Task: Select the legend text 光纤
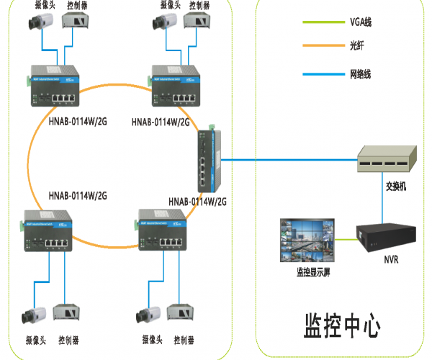[x=357, y=45]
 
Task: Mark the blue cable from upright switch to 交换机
[x=288, y=159]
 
